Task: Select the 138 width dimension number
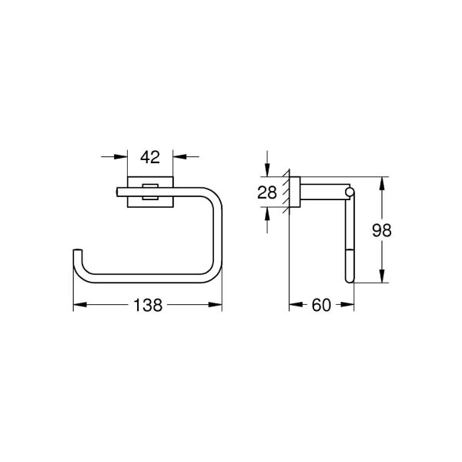click(147, 306)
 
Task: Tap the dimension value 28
click(266, 193)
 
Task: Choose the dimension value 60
click(320, 306)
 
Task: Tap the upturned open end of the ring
click(77, 255)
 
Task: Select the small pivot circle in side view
click(350, 190)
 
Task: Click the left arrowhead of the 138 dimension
click(77, 306)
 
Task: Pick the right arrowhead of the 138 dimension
click(218, 306)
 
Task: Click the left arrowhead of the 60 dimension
click(293, 306)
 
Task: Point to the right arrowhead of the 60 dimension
click(350, 306)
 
